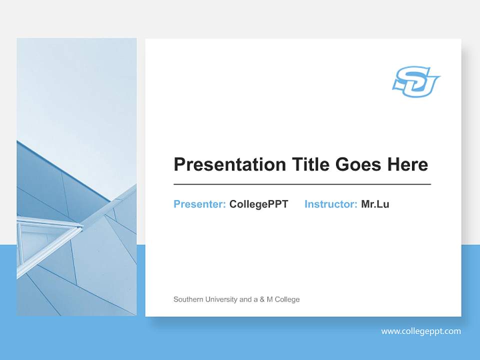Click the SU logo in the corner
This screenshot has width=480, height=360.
click(x=415, y=81)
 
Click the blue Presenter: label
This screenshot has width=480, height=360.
click(x=199, y=204)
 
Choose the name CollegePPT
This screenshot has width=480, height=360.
click(x=258, y=204)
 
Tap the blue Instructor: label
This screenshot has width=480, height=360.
click(x=330, y=204)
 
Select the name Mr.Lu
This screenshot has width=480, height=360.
click(x=375, y=204)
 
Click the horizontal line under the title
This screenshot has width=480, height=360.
click(x=302, y=184)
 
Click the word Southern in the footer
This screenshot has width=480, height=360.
click(x=187, y=299)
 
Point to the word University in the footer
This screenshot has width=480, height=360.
click(x=220, y=299)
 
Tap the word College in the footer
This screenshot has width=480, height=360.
click(x=287, y=299)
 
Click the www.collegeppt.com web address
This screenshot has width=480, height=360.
click(x=421, y=331)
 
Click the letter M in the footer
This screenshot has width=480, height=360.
click(x=270, y=299)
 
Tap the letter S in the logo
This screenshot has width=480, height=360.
click(x=406, y=80)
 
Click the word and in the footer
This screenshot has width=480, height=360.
click(x=245, y=299)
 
